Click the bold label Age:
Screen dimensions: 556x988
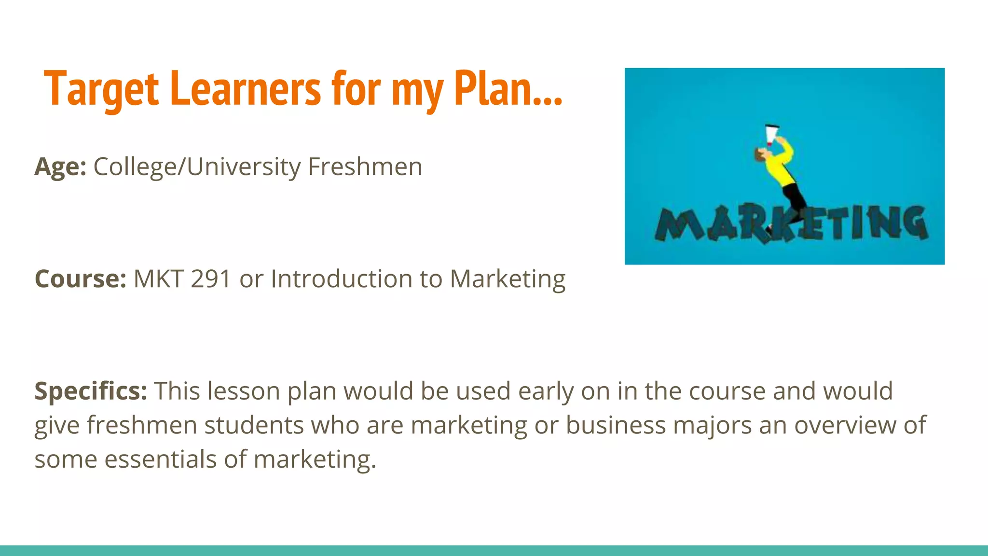(60, 167)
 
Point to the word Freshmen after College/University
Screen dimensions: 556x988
(365, 167)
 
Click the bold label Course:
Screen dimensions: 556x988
(81, 278)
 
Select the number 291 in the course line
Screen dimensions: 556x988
(211, 278)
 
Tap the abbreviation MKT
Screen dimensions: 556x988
(158, 278)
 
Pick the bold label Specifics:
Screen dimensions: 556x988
(91, 390)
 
